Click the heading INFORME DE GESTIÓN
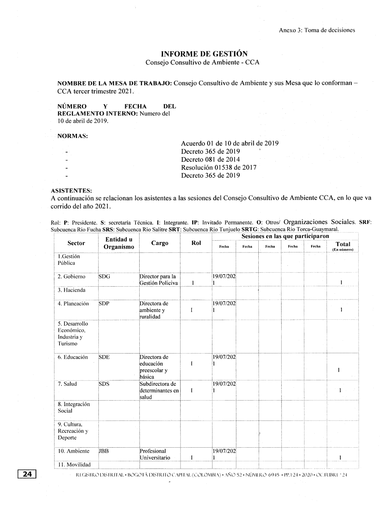(x=204, y=54)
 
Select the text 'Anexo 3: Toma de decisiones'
(x=317, y=30)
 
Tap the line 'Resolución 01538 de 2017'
(x=219, y=168)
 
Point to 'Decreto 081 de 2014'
(x=210, y=159)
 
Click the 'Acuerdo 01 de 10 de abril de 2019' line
(x=230, y=143)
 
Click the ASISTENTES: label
(x=72, y=191)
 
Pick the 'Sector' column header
(x=76, y=243)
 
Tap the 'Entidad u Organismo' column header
(x=119, y=243)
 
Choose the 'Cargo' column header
(x=159, y=243)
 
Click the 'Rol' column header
(x=196, y=243)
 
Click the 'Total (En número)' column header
(x=343, y=246)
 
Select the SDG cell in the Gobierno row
(x=105, y=277)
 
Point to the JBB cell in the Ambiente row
(x=104, y=451)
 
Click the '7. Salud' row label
(x=67, y=384)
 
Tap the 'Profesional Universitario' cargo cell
(x=155, y=454)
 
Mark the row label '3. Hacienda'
(x=71, y=290)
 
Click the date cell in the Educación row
(x=224, y=360)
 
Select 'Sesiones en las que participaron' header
(x=285, y=236)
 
